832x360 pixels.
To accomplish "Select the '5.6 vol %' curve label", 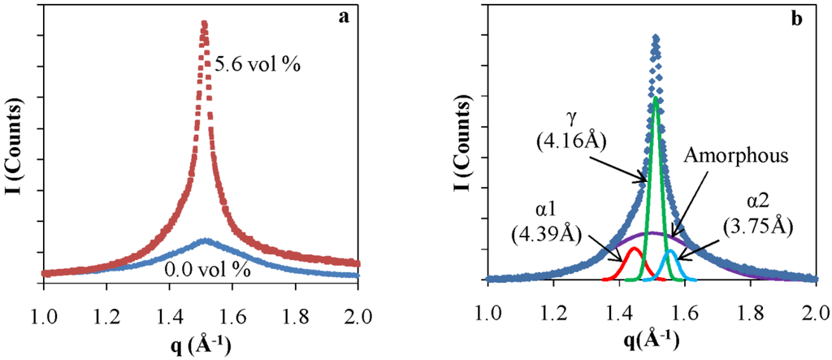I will (258, 63).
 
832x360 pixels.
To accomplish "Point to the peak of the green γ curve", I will (656, 98).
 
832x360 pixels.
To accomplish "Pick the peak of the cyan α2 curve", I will (670, 252).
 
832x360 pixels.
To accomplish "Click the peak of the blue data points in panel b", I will (655, 37).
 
